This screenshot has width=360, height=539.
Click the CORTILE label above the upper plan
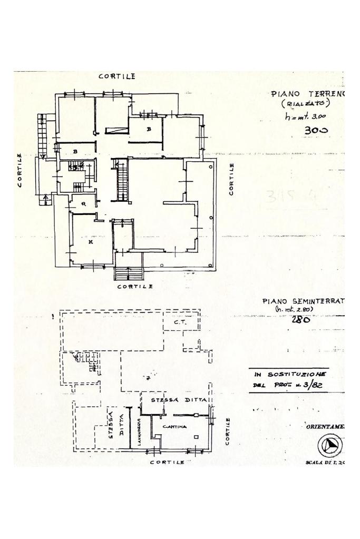point(118,76)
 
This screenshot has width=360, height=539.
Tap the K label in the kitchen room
point(91,243)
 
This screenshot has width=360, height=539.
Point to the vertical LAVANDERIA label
point(139,432)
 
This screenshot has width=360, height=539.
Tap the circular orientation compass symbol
point(330,446)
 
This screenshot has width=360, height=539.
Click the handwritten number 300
point(316,130)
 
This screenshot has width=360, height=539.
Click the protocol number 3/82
point(316,385)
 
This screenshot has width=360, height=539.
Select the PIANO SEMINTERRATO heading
point(303,301)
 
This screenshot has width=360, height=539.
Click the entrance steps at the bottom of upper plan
point(129,274)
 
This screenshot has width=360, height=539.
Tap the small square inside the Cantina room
point(196,436)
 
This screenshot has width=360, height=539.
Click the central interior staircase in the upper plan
point(122,180)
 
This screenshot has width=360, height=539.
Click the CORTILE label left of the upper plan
point(20,170)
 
